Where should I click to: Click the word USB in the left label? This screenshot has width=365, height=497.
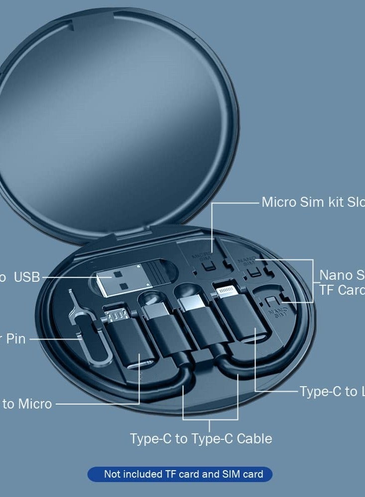(27, 277)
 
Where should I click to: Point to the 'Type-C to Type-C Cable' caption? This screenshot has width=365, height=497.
(201, 438)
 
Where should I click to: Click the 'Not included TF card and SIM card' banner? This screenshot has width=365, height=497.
(180, 474)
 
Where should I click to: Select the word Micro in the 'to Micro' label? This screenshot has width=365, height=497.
(35, 404)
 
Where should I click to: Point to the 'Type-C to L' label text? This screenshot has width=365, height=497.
(332, 392)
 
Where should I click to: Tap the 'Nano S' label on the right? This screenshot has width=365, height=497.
(342, 275)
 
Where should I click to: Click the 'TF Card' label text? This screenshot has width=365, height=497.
(342, 290)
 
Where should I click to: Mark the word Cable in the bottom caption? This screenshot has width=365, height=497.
(254, 438)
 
